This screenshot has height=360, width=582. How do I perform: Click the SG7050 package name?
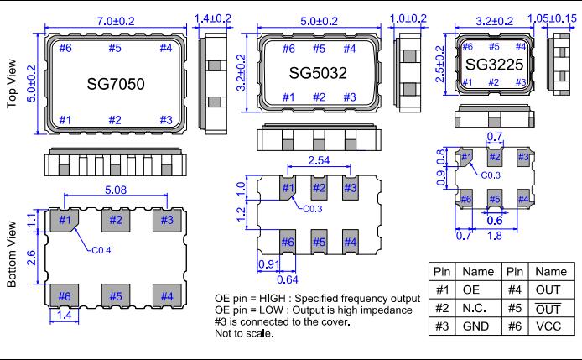115,86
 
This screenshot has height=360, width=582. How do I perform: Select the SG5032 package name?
318,72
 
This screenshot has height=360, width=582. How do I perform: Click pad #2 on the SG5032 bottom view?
319,188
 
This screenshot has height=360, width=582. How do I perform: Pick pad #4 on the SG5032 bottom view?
350,243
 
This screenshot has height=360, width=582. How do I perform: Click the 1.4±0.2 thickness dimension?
214,17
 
